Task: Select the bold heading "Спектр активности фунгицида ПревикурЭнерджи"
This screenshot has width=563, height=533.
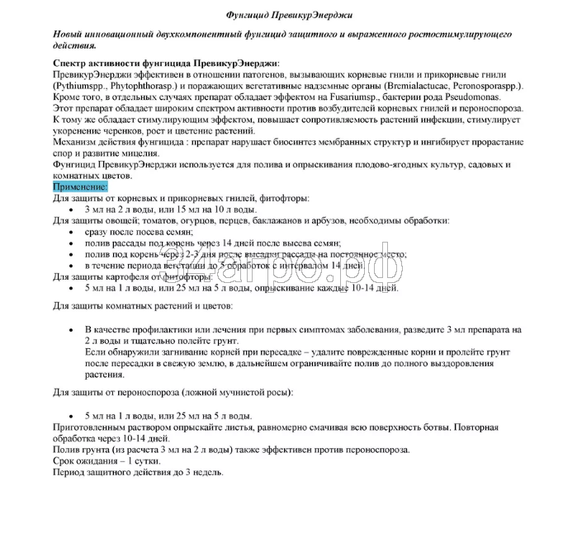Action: click(x=165, y=64)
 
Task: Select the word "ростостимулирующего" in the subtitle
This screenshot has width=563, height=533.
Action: click(x=455, y=35)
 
